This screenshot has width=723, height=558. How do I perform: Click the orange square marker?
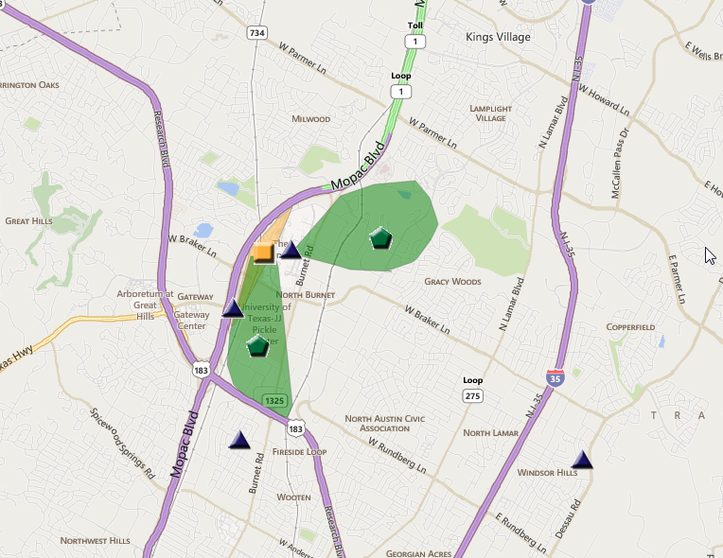coord(263,253)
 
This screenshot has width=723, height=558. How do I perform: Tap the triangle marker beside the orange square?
coord(291,251)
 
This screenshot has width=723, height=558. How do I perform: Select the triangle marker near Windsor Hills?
coord(582,461)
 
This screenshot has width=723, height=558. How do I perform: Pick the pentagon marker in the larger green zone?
coord(380,237)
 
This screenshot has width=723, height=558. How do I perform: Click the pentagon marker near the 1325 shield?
coord(257,346)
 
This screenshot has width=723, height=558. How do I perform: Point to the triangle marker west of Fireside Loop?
coord(239,440)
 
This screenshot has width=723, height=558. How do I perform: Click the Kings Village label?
coord(499,37)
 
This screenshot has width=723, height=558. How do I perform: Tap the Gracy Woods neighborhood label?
coord(452,282)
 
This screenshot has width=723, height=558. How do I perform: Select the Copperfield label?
coord(630,327)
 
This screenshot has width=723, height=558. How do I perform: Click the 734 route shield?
coord(256,33)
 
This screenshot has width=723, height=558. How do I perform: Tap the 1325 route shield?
coord(275,401)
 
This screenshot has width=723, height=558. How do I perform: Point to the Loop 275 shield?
coord(473,395)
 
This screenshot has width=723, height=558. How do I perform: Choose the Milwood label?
coord(311,119)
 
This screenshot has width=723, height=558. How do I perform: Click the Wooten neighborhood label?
coord(293,497)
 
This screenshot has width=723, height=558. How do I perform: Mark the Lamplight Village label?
coord(488,113)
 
